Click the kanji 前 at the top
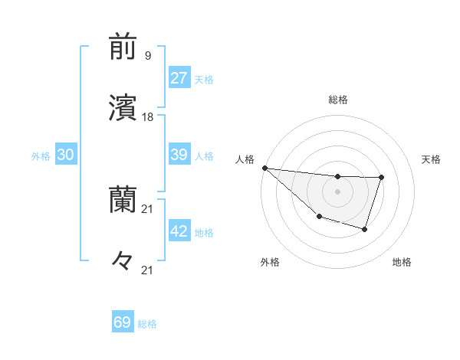click(x=123, y=47)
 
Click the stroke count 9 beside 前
click(x=147, y=55)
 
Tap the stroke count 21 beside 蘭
click(x=148, y=208)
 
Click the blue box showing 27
click(x=179, y=78)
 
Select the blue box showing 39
click(x=179, y=155)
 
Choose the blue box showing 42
click(x=179, y=231)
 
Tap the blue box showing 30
click(x=66, y=155)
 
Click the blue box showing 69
click(x=123, y=322)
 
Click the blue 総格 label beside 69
click(x=147, y=324)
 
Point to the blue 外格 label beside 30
click(x=41, y=156)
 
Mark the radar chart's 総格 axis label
click(x=338, y=100)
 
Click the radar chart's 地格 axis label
click(x=402, y=262)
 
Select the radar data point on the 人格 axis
click(x=264, y=168)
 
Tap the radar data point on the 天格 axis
click(x=381, y=178)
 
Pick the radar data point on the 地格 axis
click(x=365, y=229)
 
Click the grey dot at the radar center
click(x=337, y=191)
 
